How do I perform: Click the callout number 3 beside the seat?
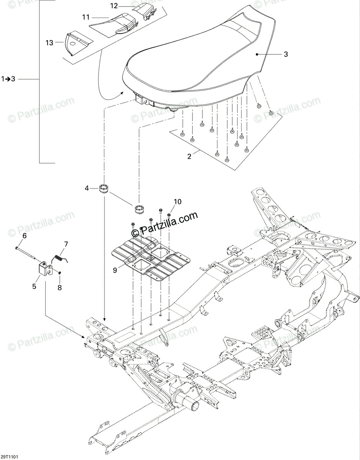286,54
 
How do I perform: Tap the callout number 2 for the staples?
189,156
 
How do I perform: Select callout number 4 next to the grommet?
87,188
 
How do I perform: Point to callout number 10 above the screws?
178,202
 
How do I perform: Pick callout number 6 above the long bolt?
25,236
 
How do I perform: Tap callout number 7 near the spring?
66,244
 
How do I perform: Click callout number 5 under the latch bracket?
34,286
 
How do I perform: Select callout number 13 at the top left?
49,43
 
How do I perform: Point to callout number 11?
85,17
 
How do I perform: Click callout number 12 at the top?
114,6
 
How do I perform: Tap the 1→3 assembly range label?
8,79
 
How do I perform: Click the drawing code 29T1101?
10,457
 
